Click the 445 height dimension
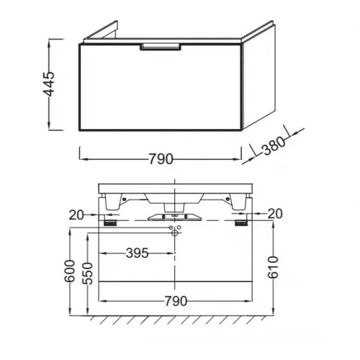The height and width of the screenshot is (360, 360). click(x=49, y=84)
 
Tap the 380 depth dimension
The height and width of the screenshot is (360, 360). click(x=274, y=145)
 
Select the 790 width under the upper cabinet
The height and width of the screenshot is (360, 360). click(x=161, y=159)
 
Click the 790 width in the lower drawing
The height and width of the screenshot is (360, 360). click(x=176, y=301)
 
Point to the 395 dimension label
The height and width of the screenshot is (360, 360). click(x=138, y=253)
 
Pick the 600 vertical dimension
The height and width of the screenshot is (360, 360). click(x=70, y=271)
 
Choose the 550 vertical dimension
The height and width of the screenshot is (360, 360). click(x=87, y=274)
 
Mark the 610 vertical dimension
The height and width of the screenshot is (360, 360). click(x=273, y=267)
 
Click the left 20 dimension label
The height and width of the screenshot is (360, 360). click(x=76, y=215)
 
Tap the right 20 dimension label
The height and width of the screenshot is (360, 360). click(x=275, y=214)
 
